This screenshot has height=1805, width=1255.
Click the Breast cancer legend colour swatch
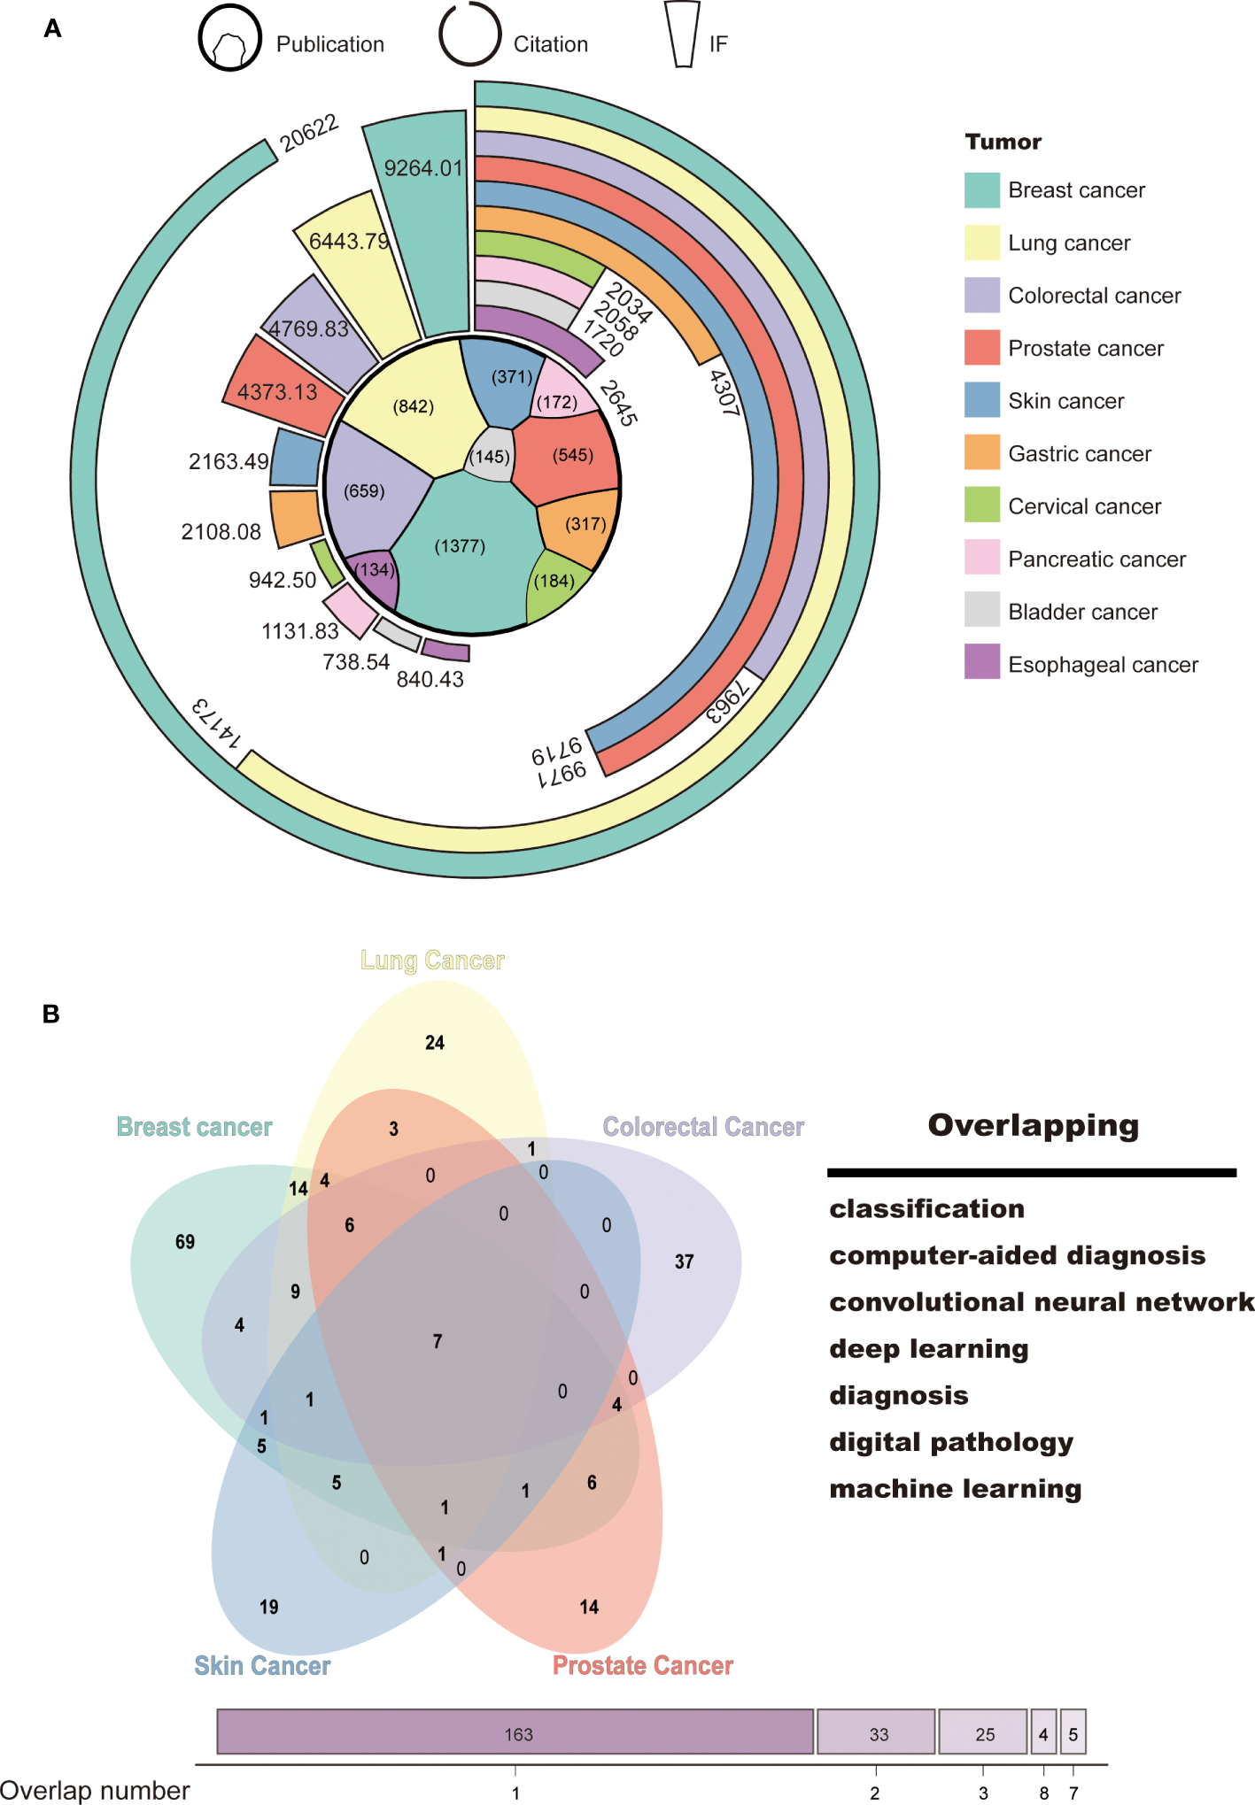pyautogui.click(x=981, y=190)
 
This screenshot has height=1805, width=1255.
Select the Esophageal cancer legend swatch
pyautogui.click(x=981, y=662)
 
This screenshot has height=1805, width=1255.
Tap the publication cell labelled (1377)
pyautogui.click(x=460, y=546)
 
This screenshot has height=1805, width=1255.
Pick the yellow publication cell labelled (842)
pyautogui.click(x=413, y=407)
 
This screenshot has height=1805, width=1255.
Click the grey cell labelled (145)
pyautogui.click(x=490, y=457)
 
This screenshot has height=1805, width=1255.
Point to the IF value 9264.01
pyautogui.click(x=423, y=168)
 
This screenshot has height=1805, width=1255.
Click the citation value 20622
pyautogui.click(x=308, y=133)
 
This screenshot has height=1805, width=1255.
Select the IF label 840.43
pyautogui.click(x=430, y=679)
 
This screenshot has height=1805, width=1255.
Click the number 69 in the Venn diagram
pyautogui.click(x=185, y=1242)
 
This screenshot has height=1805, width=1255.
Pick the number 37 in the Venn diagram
pyautogui.click(x=684, y=1261)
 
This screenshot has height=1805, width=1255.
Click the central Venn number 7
pyautogui.click(x=438, y=1341)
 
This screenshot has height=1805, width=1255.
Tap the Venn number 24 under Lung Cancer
pyautogui.click(x=434, y=1043)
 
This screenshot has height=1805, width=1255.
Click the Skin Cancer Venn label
pyautogui.click(x=262, y=1666)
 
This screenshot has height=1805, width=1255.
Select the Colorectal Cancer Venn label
pyautogui.click(x=703, y=1127)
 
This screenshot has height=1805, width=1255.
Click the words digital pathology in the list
pyautogui.click(x=950, y=1442)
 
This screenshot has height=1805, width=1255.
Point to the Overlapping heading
pyautogui.click(x=1033, y=1125)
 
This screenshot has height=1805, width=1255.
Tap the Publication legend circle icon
pyautogui.click(x=229, y=40)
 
